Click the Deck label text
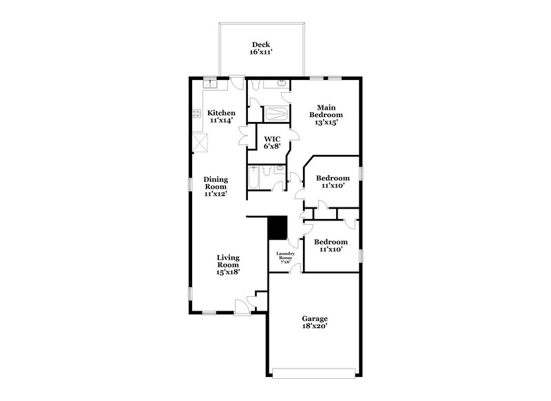[x=260, y=48]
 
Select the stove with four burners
[x=196, y=115]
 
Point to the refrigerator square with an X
[x=200, y=143]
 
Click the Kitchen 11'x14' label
[x=222, y=116]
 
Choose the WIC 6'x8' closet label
[x=272, y=142]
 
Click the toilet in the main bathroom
[x=256, y=85]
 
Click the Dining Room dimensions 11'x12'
[x=216, y=194]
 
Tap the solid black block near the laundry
[x=277, y=227]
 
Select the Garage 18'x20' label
[x=314, y=322]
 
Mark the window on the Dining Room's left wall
[x=191, y=185]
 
